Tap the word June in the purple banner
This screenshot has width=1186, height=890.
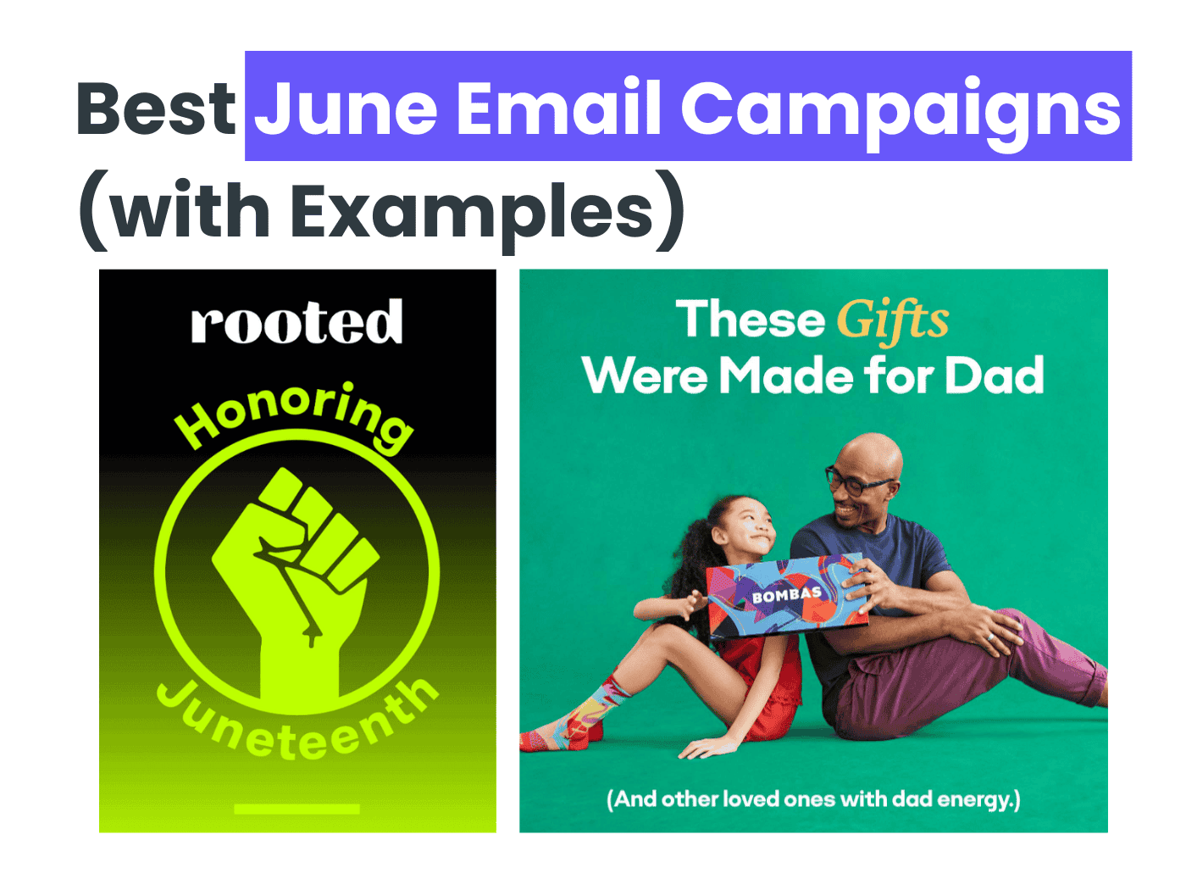pos(346,108)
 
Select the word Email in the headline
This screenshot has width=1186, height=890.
pos(559,108)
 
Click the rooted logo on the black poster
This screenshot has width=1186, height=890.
pos(296,323)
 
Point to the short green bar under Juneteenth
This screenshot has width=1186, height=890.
pos(296,809)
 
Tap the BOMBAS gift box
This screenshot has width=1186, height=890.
pos(788,595)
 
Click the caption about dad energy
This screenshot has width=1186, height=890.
pos(813,799)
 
